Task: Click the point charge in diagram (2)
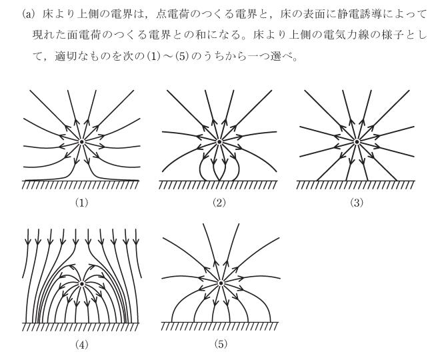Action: [x=219, y=141]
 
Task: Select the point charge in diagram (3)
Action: [x=357, y=141]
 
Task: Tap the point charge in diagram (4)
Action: [x=82, y=283]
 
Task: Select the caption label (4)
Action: [x=82, y=347]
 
